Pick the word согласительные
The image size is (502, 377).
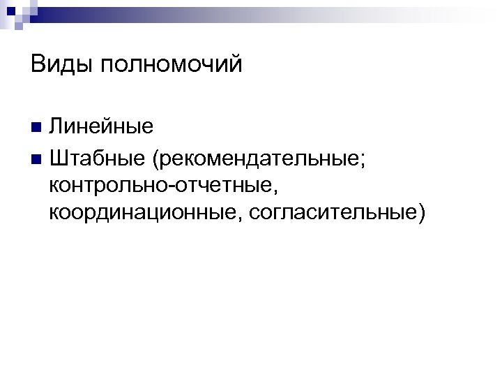[327, 211]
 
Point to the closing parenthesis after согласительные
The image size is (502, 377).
[420, 212]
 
